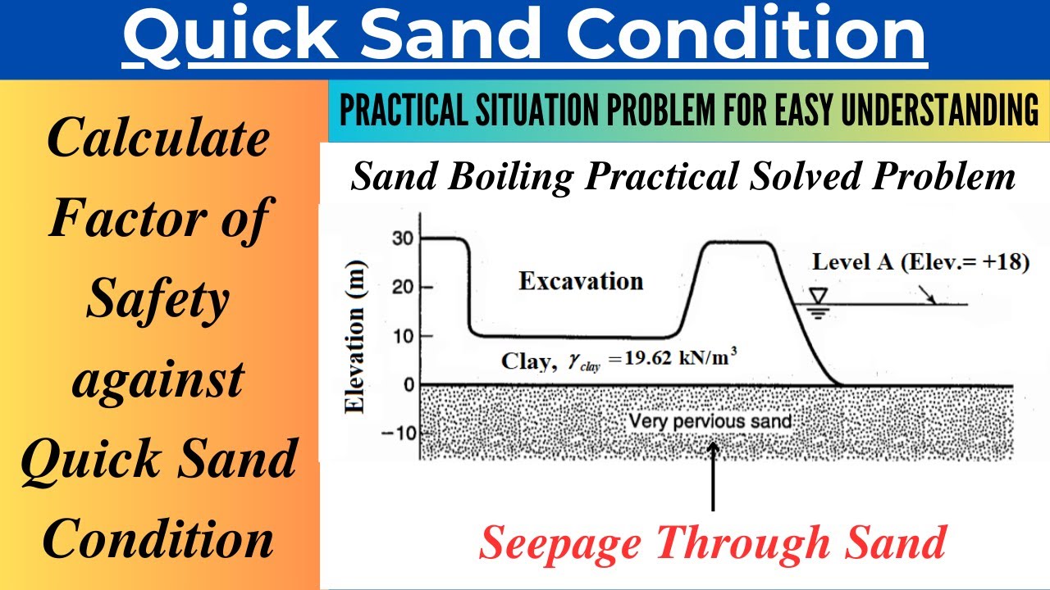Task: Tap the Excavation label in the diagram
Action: pyautogui.click(x=581, y=281)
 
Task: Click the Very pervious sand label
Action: pyautogui.click(x=710, y=422)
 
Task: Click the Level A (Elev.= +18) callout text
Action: pyautogui.click(x=920, y=262)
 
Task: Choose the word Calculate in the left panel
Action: pyautogui.click(x=157, y=138)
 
